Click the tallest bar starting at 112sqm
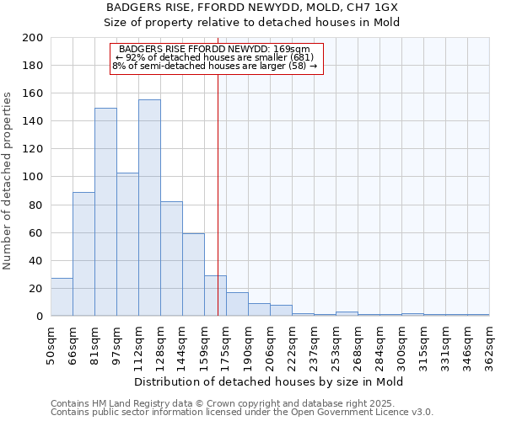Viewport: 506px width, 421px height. pos(149,208)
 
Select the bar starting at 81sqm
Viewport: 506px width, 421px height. pos(105,212)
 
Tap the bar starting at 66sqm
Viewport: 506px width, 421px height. pos(83,254)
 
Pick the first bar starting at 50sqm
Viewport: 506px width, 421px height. pos(62,297)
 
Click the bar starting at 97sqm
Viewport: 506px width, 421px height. pos(127,244)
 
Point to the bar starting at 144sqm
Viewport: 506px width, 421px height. pos(193,274)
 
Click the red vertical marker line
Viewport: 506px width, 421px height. pos(218,168)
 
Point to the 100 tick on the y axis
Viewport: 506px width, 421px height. pos(32,177)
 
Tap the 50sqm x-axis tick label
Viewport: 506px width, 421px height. pos(51,346)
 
